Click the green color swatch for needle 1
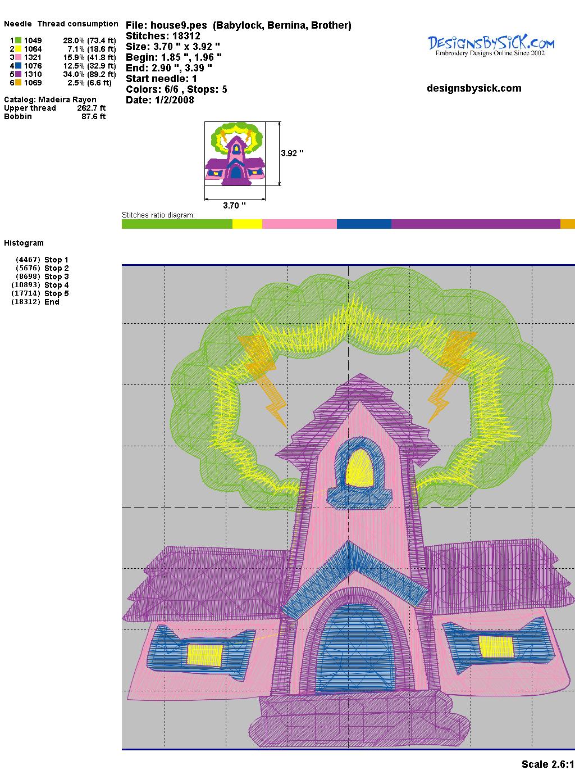click(x=18, y=40)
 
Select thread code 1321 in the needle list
click(x=33, y=57)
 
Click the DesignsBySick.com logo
click(x=491, y=46)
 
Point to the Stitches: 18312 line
click(x=163, y=36)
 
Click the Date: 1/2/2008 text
click(x=160, y=100)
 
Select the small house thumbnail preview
click(x=235, y=153)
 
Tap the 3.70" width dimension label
click(x=234, y=205)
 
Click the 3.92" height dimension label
click(x=292, y=153)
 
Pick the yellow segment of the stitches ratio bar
click(x=247, y=224)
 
